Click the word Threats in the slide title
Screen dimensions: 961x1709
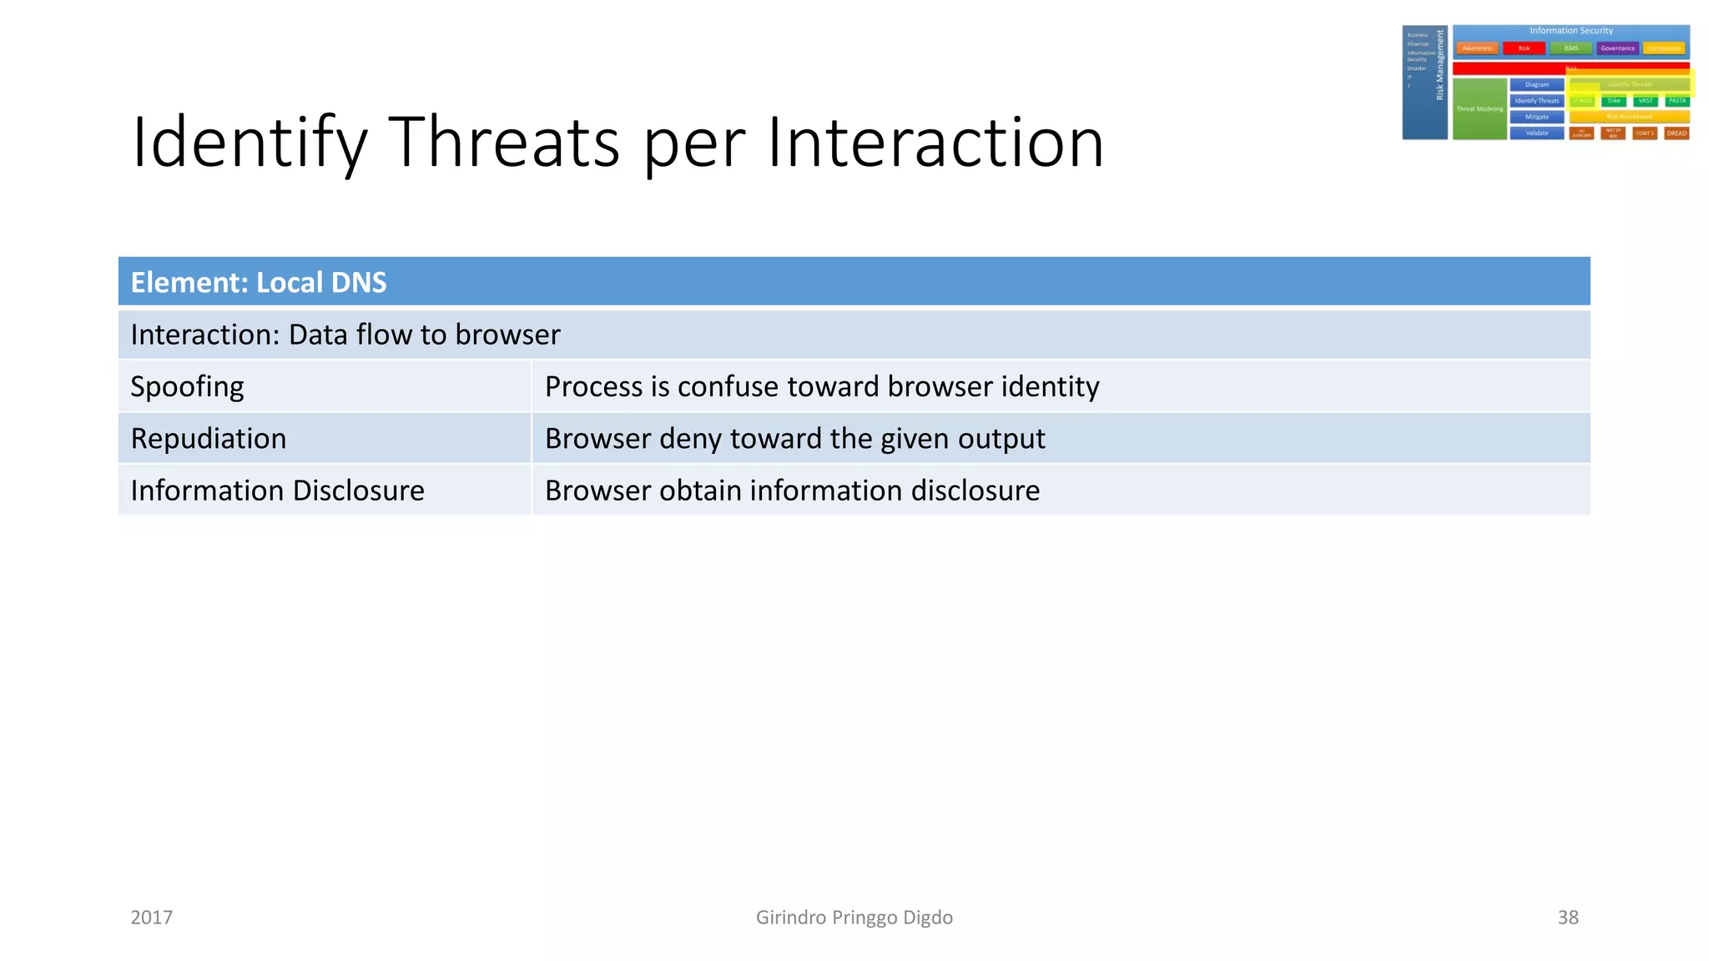pyautogui.click(x=504, y=142)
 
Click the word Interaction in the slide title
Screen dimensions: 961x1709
pyautogui.click(x=935, y=142)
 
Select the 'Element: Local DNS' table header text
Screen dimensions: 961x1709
pyautogui.click(x=259, y=283)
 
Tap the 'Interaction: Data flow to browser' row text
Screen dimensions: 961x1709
pyautogui.click(x=345, y=335)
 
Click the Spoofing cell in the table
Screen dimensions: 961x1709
pyautogui.click(x=188, y=386)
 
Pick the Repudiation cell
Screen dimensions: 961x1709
pyautogui.click(x=209, y=439)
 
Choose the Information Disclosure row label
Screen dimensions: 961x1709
pyautogui.click(x=277, y=491)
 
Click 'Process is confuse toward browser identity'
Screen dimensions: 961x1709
pyautogui.click(x=822, y=386)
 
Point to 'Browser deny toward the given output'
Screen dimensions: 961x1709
pyautogui.click(x=794, y=439)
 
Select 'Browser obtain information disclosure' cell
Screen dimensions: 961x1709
pyautogui.click(x=792, y=491)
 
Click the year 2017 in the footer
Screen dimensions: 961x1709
pyautogui.click(x=152, y=918)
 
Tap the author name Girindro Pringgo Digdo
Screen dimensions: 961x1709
pyautogui.click(x=854, y=918)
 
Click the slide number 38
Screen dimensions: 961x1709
pyautogui.click(x=1568, y=918)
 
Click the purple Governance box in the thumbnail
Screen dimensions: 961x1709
pyautogui.click(x=1617, y=48)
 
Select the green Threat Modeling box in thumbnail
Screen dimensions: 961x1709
pyautogui.click(x=1480, y=109)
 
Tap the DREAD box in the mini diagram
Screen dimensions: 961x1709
pyautogui.click(x=1676, y=133)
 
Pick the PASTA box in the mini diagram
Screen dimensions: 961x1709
pyautogui.click(x=1677, y=101)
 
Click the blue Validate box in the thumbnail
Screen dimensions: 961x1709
pyautogui.click(x=1536, y=133)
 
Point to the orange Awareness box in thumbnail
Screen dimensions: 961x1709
pyautogui.click(x=1477, y=48)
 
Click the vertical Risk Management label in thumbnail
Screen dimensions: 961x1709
pyautogui.click(x=1439, y=65)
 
